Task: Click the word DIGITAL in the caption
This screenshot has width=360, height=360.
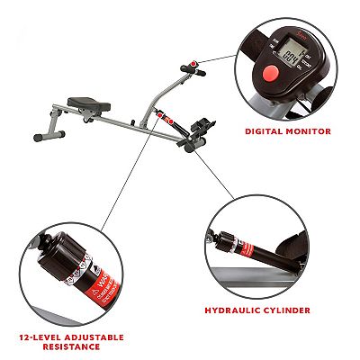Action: point(265,131)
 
